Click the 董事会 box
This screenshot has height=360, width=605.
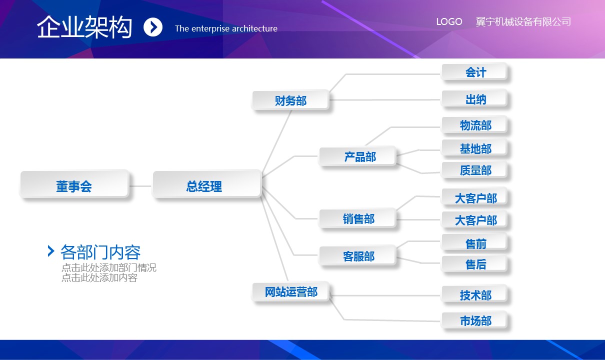coord(74,186)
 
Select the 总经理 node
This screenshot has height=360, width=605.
coord(206,185)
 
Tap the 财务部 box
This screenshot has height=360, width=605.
coord(290,100)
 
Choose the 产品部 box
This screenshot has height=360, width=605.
coord(358,157)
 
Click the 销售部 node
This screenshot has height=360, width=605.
coord(357,218)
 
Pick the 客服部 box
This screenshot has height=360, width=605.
coord(357,256)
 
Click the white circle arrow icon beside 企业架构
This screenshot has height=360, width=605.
coord(153,27)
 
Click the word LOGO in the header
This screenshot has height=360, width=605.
coord(449,22)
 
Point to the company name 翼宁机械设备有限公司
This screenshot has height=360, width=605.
coord(523,22)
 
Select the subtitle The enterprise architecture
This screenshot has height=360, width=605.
coord(226,28)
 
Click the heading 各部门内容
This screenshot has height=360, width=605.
coord(100,251)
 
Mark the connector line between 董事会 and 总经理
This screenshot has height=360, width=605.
coord(140,186)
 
